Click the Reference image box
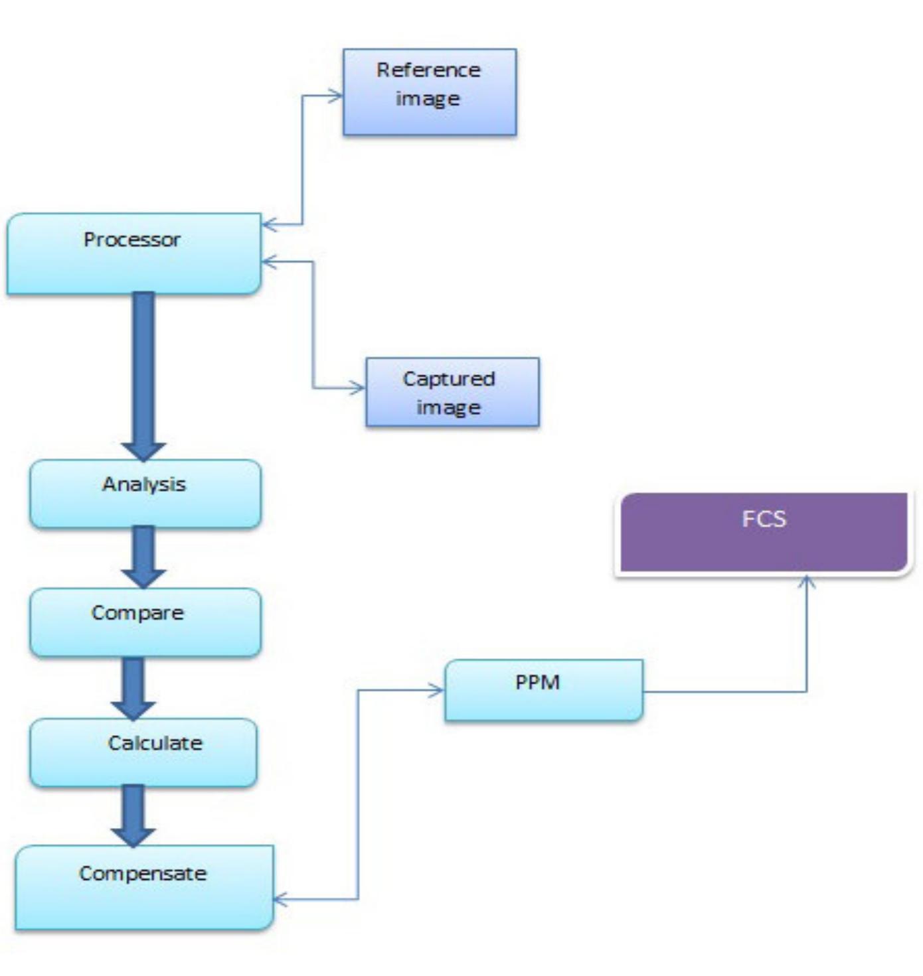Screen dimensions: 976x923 [429, 92]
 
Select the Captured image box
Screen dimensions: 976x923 [452, 392]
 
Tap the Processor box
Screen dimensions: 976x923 [133, 253]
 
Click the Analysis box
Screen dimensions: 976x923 [145, 494]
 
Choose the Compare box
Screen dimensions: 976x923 [145, 622]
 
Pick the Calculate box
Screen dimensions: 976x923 [143, 752]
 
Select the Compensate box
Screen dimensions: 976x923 [143, 886]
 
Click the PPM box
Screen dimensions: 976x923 [543, 690]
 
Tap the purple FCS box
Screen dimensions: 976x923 [764, 532]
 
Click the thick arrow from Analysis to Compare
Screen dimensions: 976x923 [143, 557]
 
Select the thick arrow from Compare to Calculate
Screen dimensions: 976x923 [133, 687]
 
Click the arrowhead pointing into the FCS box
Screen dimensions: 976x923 [806, 583]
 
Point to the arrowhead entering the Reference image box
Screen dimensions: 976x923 [335, 96]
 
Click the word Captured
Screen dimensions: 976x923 [449, 379]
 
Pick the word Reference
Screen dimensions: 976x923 [428, 70]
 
